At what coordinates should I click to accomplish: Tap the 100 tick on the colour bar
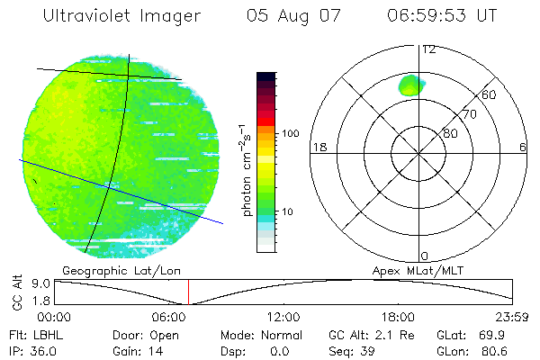pos(290,133)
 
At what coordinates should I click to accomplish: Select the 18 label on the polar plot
pos(318,147)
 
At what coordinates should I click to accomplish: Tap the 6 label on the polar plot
pos(523,147)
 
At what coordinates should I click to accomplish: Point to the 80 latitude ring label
pos(450,133)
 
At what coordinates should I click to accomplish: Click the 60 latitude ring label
pos(490,94)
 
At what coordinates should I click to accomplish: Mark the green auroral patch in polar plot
pos(411,85)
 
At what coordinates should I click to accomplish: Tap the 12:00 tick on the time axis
pos(283,317)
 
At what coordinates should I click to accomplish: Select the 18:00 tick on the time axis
pos(398,317)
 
